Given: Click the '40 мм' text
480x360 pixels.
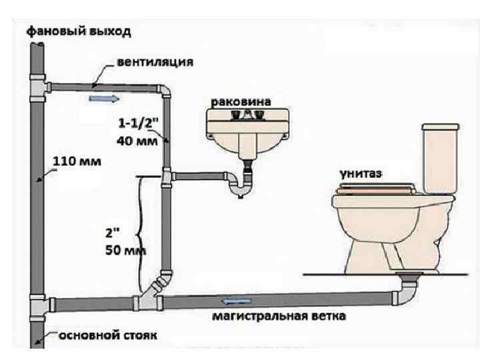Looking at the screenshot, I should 137,140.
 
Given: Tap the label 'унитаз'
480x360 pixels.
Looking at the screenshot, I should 363,173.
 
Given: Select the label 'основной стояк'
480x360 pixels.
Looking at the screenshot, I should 109,335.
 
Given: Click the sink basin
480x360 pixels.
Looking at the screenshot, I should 248,131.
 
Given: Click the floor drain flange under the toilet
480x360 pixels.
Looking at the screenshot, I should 409,275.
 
